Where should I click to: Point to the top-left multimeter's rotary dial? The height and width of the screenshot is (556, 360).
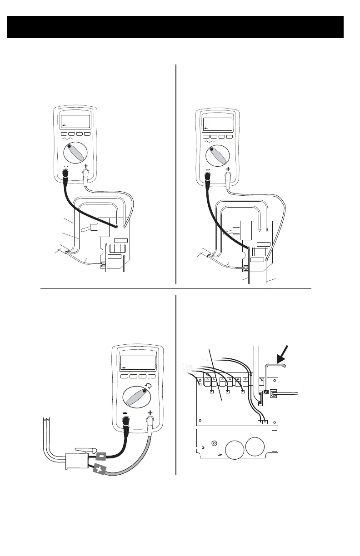point(75,153)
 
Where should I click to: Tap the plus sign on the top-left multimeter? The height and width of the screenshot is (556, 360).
point(86,166)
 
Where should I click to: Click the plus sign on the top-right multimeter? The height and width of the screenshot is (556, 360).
point(228,169)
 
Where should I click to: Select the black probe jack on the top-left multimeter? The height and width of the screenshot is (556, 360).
point(65,173)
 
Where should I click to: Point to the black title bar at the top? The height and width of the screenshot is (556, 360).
point(175,27)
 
